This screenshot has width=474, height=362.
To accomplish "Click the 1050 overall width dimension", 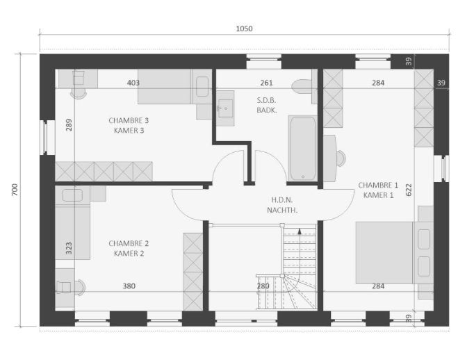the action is click(244, 29).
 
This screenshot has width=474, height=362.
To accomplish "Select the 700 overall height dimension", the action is click(15, 190).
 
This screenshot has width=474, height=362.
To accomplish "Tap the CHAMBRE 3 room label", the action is click(129, 121).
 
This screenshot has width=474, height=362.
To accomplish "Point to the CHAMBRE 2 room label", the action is click(129, 244).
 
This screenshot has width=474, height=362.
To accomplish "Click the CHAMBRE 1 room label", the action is click(378, 186).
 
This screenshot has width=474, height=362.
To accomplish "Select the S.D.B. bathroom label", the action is click(267, 100).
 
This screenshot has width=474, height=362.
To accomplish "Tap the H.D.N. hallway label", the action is click(282, 200).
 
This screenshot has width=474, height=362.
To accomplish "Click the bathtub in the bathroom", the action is click(302, 148).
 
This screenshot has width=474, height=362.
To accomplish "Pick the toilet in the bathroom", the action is click(304, 87).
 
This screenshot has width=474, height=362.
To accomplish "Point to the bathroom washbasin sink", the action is click(225, 108).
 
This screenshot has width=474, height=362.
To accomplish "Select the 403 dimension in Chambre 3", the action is click(133, 83).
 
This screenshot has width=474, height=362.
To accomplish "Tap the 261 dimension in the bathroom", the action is click(267, 83).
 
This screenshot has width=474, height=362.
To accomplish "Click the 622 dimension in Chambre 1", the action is click(409, 190).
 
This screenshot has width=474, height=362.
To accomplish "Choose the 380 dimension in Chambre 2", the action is click(129, 286).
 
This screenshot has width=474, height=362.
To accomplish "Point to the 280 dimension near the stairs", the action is click(263, 286).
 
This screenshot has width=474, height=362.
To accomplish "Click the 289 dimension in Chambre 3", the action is click(70, 125).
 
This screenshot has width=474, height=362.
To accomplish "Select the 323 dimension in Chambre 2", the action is click(69, 248).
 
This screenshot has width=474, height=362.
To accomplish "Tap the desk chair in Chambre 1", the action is click(341, 158).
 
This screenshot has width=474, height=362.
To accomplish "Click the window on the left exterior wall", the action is click(44, 138).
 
